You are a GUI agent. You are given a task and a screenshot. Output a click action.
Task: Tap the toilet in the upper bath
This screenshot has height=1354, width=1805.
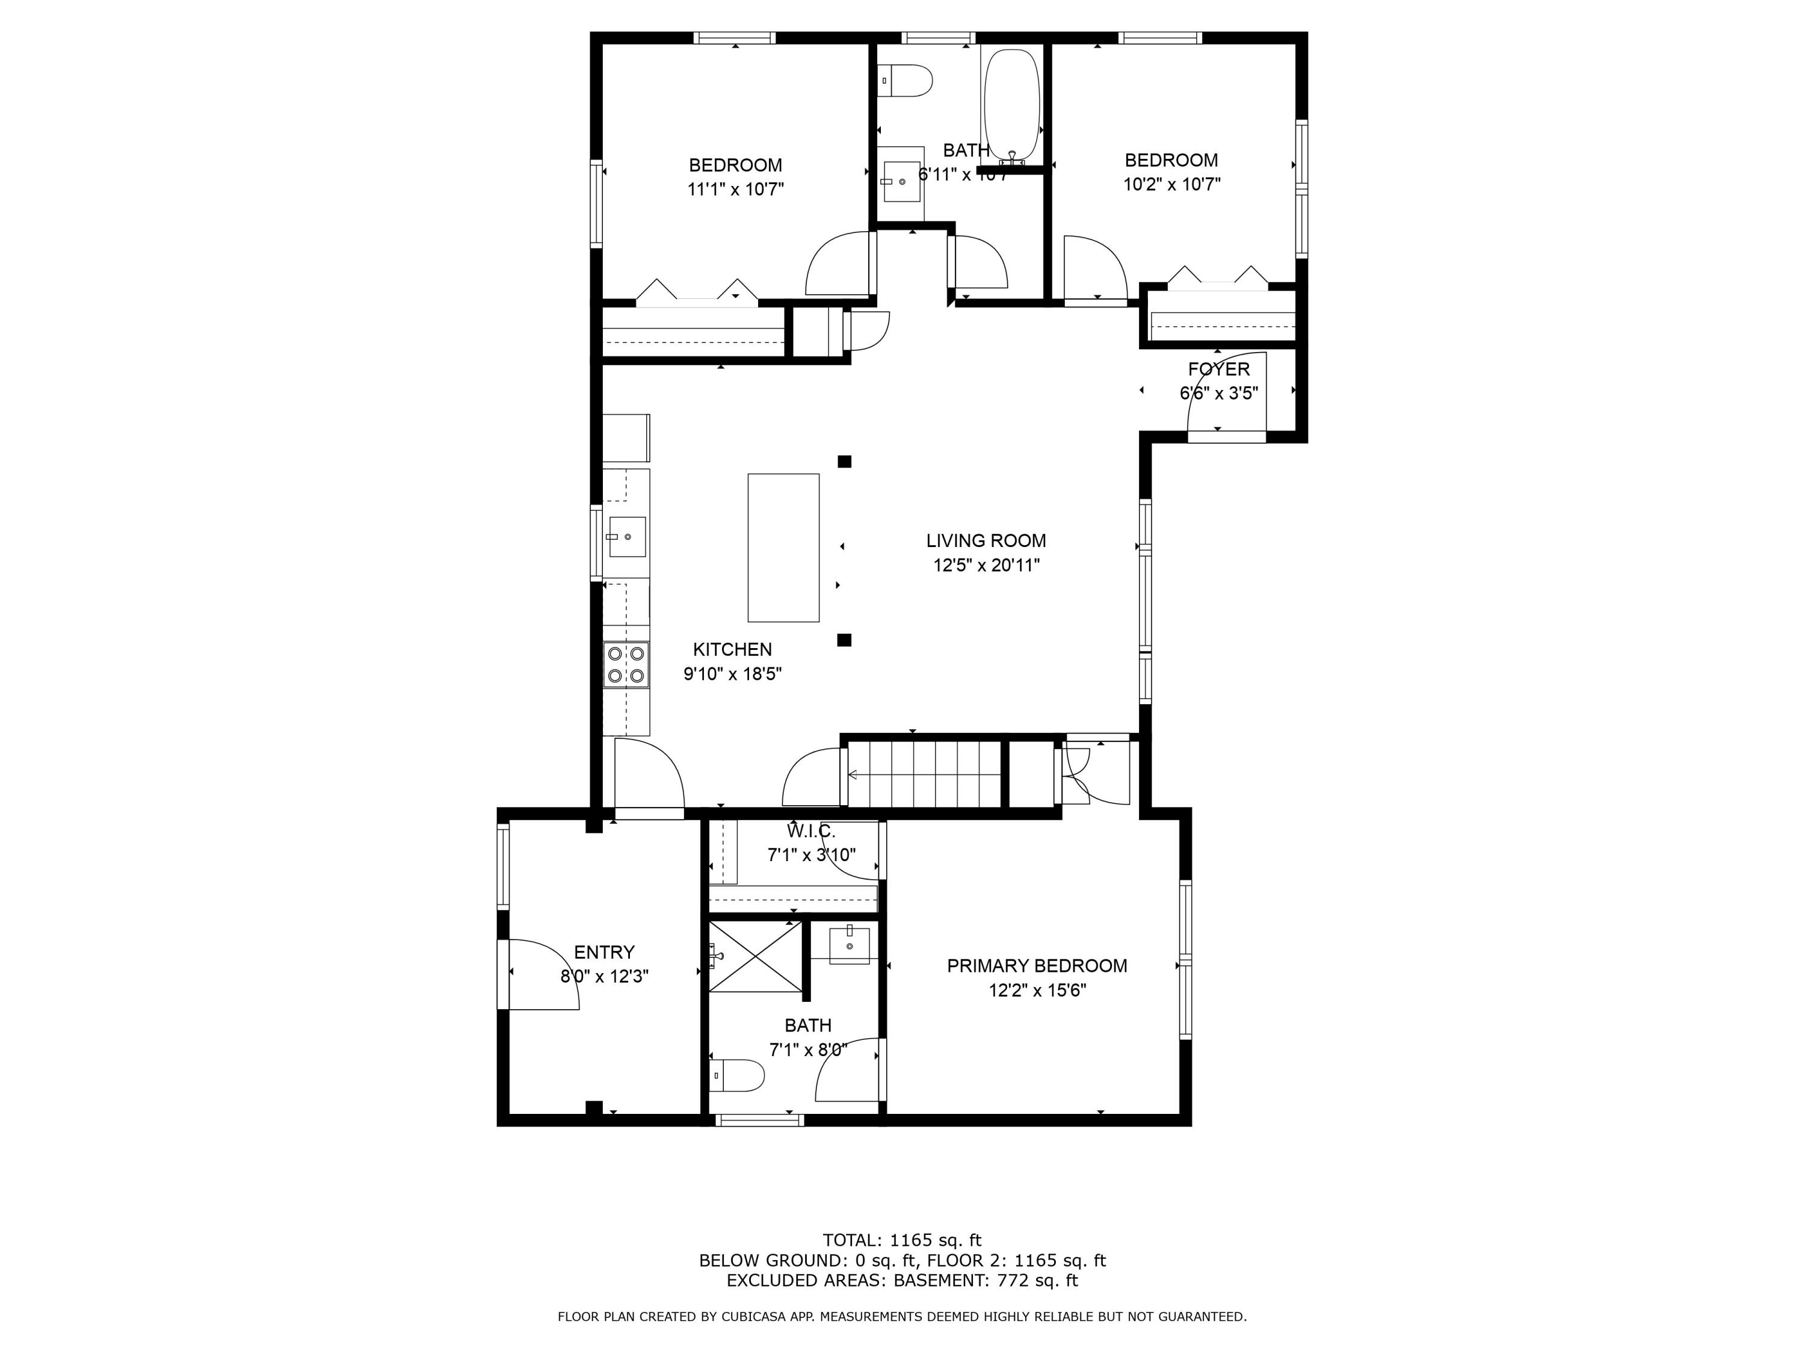[907, 81]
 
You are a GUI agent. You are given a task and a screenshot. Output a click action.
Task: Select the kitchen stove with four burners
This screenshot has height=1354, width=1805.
[626, 664]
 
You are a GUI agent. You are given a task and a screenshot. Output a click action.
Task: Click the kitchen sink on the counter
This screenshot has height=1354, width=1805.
[625, 536]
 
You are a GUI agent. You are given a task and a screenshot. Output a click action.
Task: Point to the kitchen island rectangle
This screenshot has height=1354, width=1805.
[783, 548]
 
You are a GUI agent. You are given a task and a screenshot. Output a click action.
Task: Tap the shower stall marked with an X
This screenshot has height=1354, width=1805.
[755, 957]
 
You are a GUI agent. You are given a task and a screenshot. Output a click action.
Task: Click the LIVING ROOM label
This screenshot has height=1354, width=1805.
[986, 540]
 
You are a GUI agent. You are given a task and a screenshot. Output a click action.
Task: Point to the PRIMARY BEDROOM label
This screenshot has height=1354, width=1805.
[1036, 965]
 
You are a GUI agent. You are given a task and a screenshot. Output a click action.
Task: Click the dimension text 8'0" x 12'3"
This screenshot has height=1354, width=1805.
[604, 976]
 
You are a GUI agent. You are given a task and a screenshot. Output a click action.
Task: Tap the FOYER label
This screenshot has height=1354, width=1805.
[1218, 369]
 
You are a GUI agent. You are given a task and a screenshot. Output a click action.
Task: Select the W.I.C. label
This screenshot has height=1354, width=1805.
[810, 832]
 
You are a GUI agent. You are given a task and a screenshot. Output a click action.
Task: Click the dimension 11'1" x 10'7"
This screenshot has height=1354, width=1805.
[735, 190]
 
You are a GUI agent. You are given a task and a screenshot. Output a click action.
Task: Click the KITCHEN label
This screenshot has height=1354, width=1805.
[732, 650]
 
